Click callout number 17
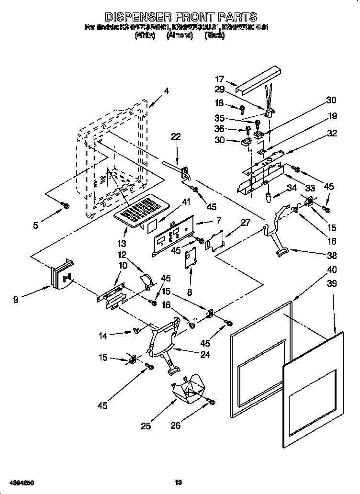click(220, 79)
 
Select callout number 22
click(176, 136)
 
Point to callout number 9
click(16, 300)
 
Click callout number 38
click(332, 255)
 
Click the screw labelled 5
click(66, 206)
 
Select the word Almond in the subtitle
click(180, 35)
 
